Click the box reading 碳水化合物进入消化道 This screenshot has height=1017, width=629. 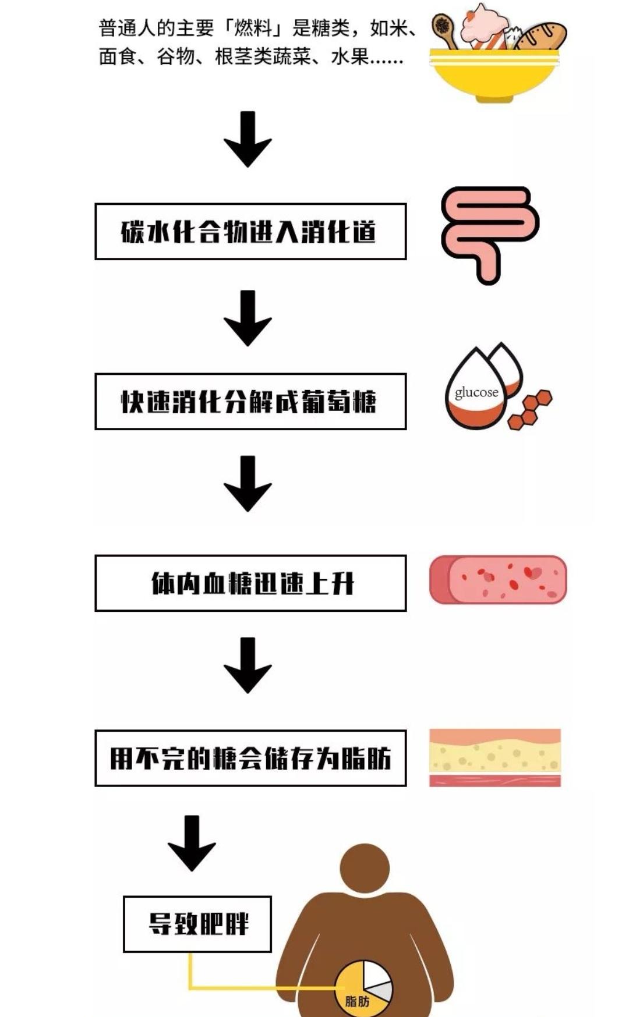click(x=250, y=232)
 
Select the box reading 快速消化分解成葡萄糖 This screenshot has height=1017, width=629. click(x=250, y=402)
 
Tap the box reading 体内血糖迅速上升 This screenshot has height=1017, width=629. click(x=250, y=583)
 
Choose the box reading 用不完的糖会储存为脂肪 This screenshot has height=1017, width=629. click(x=250, y=758)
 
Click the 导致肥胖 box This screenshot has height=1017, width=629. click(x=197, y=924)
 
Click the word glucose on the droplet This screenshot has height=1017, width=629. click(x=476, y=392)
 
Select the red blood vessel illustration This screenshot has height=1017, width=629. click(x=498, y=580)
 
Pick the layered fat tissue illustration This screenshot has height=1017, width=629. click(x=495, y=757)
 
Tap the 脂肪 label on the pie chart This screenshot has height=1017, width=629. click(x=357, y=1001)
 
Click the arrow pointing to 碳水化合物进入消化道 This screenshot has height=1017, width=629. click(x=248, y=140)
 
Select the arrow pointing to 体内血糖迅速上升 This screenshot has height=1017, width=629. click(x=248, y=484)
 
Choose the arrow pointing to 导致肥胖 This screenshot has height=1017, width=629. click(x=192, y=843)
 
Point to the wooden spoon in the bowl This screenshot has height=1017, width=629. click(x=446, y=31)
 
